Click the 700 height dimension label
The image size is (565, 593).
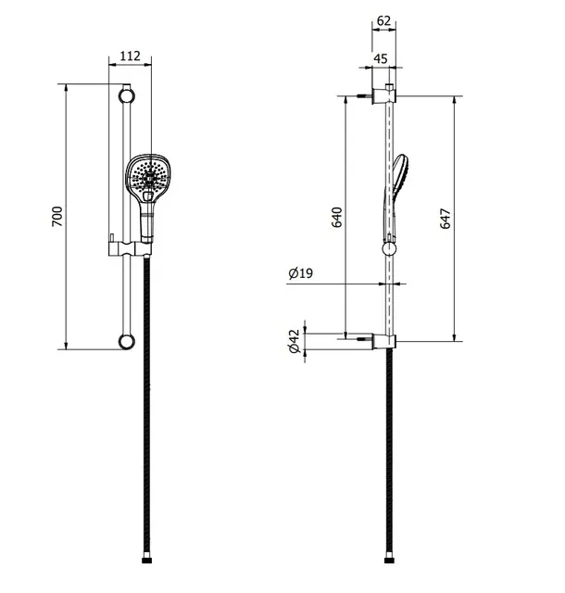click(x=57, y=216)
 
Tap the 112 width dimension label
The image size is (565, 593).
click(x=130, y=56)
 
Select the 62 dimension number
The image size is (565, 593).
click(x=383, y=20)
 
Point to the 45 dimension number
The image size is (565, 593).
click(x=381, y=58)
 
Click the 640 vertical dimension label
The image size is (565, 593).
click(x=336, y=217)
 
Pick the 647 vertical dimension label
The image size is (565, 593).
click(x=446, y=219)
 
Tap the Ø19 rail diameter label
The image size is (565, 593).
click(x=301, y=272)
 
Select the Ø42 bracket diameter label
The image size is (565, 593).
click(x=294, y=341)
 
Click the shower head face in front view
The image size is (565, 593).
click(x=147, y=175)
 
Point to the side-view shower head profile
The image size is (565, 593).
click(x=395, y=196)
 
